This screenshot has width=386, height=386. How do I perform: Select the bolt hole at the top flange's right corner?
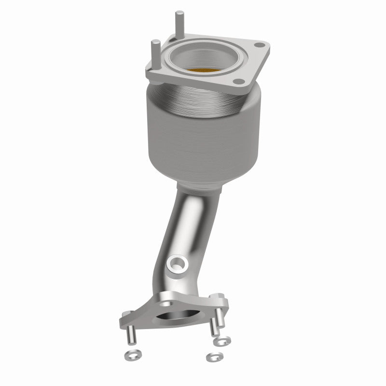pyautogui.click(x=261, y=46)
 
